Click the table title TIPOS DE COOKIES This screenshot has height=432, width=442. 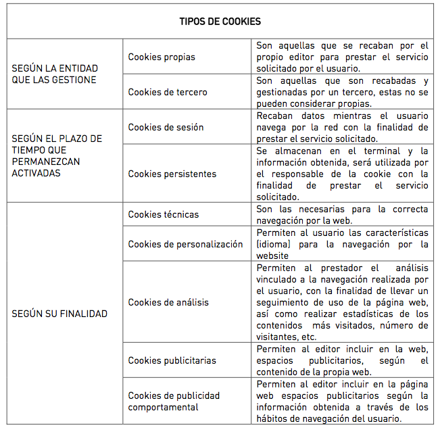(x=220, y=22)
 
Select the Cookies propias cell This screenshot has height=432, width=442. (x=162, y=57)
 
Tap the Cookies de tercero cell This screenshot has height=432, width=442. (x=168, y=92)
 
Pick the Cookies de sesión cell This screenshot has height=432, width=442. (x=166, y=127)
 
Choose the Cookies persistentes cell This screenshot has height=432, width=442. (x=172, y=174)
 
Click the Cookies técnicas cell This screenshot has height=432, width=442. (x=164, y=214)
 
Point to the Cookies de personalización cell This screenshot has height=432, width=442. (x=185, y=244)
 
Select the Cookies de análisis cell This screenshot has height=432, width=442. (x=168, y=302)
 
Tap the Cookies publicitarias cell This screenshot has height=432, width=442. (x=172, y=360)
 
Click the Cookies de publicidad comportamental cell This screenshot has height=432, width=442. (x=174, y=402)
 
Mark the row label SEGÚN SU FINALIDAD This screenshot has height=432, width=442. (x=59, y=314)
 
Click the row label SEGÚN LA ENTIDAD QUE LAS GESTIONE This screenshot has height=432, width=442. (x=55, y=74)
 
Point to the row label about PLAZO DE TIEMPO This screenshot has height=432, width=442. (x=57, y=155)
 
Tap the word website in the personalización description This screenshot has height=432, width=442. (x=272, y=256)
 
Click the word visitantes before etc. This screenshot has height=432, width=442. (x=277, y=337)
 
